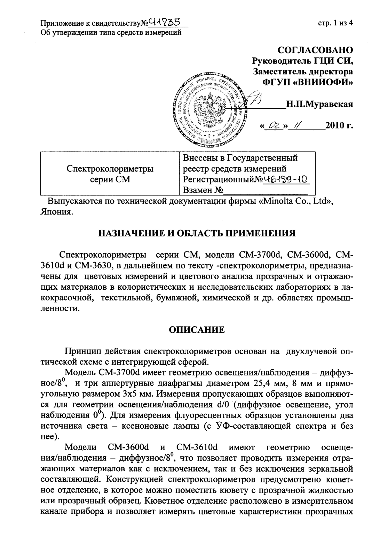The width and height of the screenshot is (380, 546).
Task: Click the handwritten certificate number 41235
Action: [166, 23]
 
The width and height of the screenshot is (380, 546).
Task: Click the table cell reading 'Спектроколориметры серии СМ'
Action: [110, 174]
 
